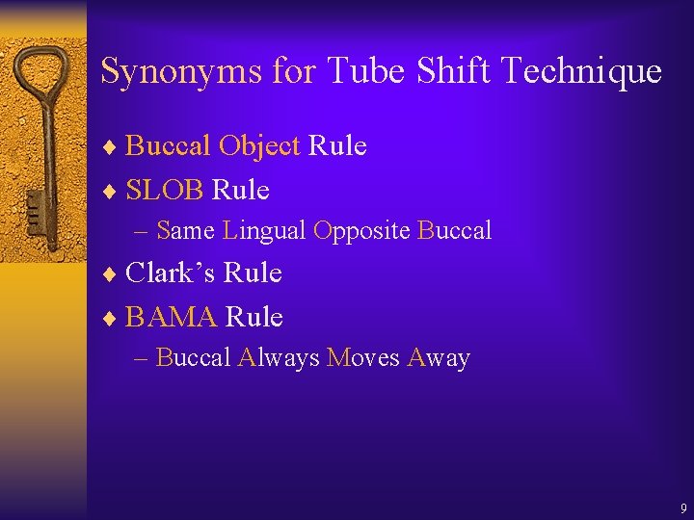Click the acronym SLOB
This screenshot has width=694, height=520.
[x=165, y=191]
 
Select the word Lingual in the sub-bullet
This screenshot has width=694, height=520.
[x=263, y=231]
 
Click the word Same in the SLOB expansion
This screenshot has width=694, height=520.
[x=184, y=231]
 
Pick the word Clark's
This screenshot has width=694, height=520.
[x=172, y=273]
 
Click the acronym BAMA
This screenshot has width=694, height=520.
[x=172, y=317]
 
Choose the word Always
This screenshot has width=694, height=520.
[x=278, y=358]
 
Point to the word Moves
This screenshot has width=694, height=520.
[x=362, y=358]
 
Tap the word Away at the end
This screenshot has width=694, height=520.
[x=439, y=358]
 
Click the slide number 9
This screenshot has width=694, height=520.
[x=682, y=507]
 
